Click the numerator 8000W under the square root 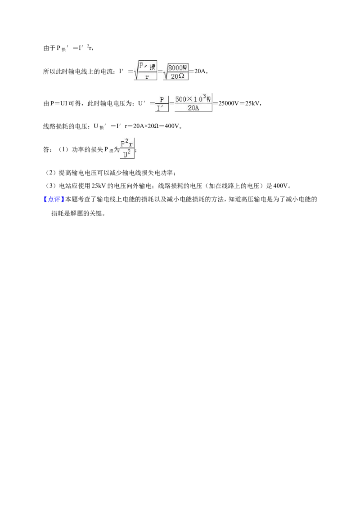point(178,68)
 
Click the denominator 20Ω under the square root point(177,76)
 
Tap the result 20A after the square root point(199,71)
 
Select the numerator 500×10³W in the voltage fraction point(193,98)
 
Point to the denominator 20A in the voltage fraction point(193,108)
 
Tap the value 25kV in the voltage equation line point(252,103)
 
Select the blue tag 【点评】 point(52,199)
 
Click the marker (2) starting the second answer point(50,173)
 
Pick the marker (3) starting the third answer point(50,186)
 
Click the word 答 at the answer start point(46,150)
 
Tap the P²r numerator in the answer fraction point(127,143)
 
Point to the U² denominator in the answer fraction point(127,153)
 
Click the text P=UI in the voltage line point(58,103)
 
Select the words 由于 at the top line point(49,48)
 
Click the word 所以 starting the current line point(49,71)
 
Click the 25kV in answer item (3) point(98,186)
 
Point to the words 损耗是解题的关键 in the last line point(76,214)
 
